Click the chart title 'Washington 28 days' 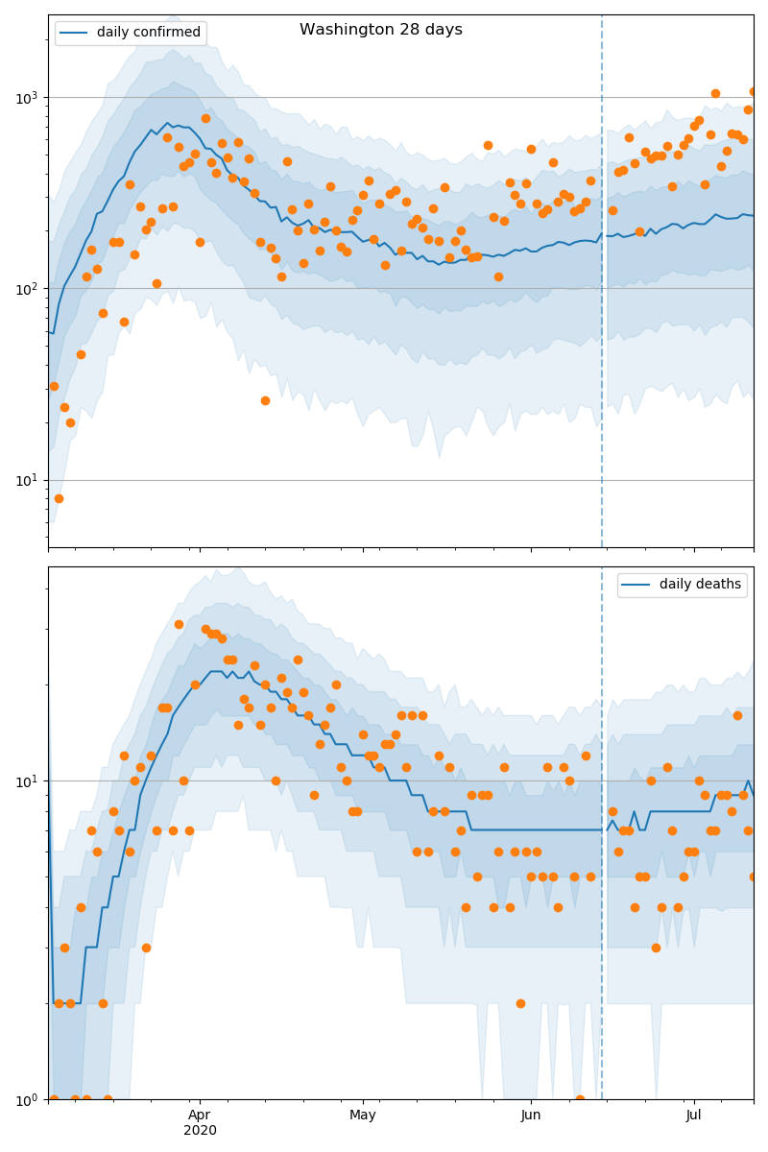pyautogui.click(x=381, y=30)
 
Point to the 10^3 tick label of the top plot pyautogui.click(x=30, y=97)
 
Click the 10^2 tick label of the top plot pyautogui.click(x=30, y=288)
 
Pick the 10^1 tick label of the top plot pyautogui.click(x=30, y=480)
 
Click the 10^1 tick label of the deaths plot pyautogui.click(x=30, y=780)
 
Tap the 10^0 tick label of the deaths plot pyautogui.click(x=30, y=1099)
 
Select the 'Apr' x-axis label pyautogui.click(x=200, y=1116)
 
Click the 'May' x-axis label pyautogui.click(x=363, y=1116)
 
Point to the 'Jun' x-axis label pyautogui.click(x=531, y=1116)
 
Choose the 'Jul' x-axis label pyautogui.click(x=693, y=1116)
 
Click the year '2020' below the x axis pyautogui.click(x=200, y=1131)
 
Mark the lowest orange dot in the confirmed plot pyautogui.click(x=59, y=498)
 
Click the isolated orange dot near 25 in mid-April pyautogui.click(x=265, y=400)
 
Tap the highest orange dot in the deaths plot pyautogui.click(x=179, y=624)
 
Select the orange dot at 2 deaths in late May pyautogui.click(x=520, y=1003)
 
